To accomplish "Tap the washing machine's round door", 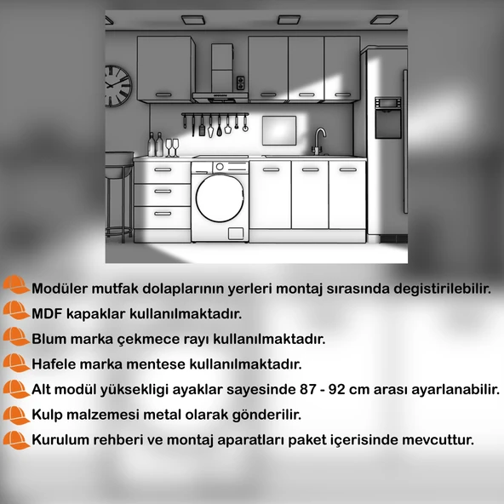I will click(x=218, y=198).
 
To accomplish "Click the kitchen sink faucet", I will click(x=320, y=139).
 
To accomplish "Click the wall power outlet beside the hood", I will click(x=241, y=83).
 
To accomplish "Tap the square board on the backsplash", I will click(x=278, y=132).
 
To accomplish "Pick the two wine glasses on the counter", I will click(x=172, y=148).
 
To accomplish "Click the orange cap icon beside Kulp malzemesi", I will click(x=15, y=415).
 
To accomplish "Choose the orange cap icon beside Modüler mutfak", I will click(x=15, y=286).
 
